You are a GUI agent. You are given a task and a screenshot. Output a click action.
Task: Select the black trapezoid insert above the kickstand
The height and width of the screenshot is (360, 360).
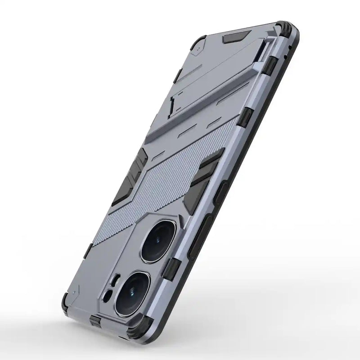[236, 36]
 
